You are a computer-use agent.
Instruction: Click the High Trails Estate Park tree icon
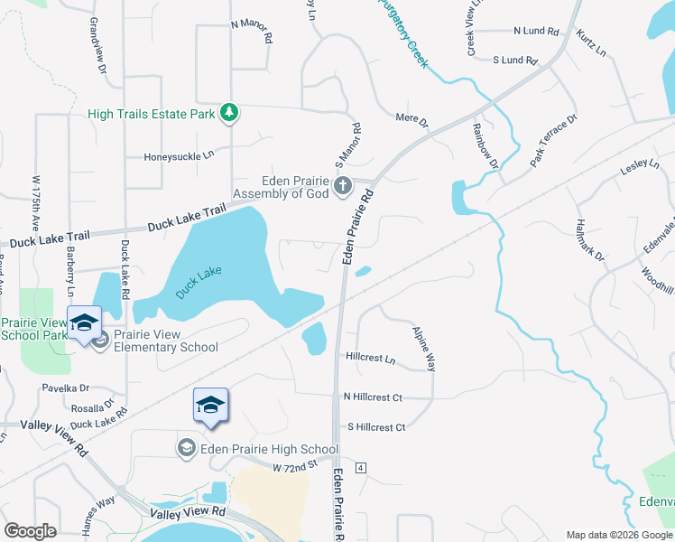coord(231,113)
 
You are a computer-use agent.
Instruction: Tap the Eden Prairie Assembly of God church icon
coord(342,187)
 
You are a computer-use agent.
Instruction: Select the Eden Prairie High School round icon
coord(186,448)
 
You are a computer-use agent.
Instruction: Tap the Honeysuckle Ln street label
coord(179,156)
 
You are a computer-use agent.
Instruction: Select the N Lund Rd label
coord(536,31)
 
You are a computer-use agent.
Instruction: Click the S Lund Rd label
coord(514,61)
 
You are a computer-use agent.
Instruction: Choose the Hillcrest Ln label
coord(370,358)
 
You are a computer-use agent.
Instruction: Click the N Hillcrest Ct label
coord(372,397)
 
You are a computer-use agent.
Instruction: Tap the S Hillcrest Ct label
coord(376,427)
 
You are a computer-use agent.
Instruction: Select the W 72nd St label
coord(296,466)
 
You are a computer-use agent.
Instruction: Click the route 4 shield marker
coord(360,467)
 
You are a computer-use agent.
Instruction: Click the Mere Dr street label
coord(411,117)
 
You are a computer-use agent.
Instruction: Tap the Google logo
coord(30,531)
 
